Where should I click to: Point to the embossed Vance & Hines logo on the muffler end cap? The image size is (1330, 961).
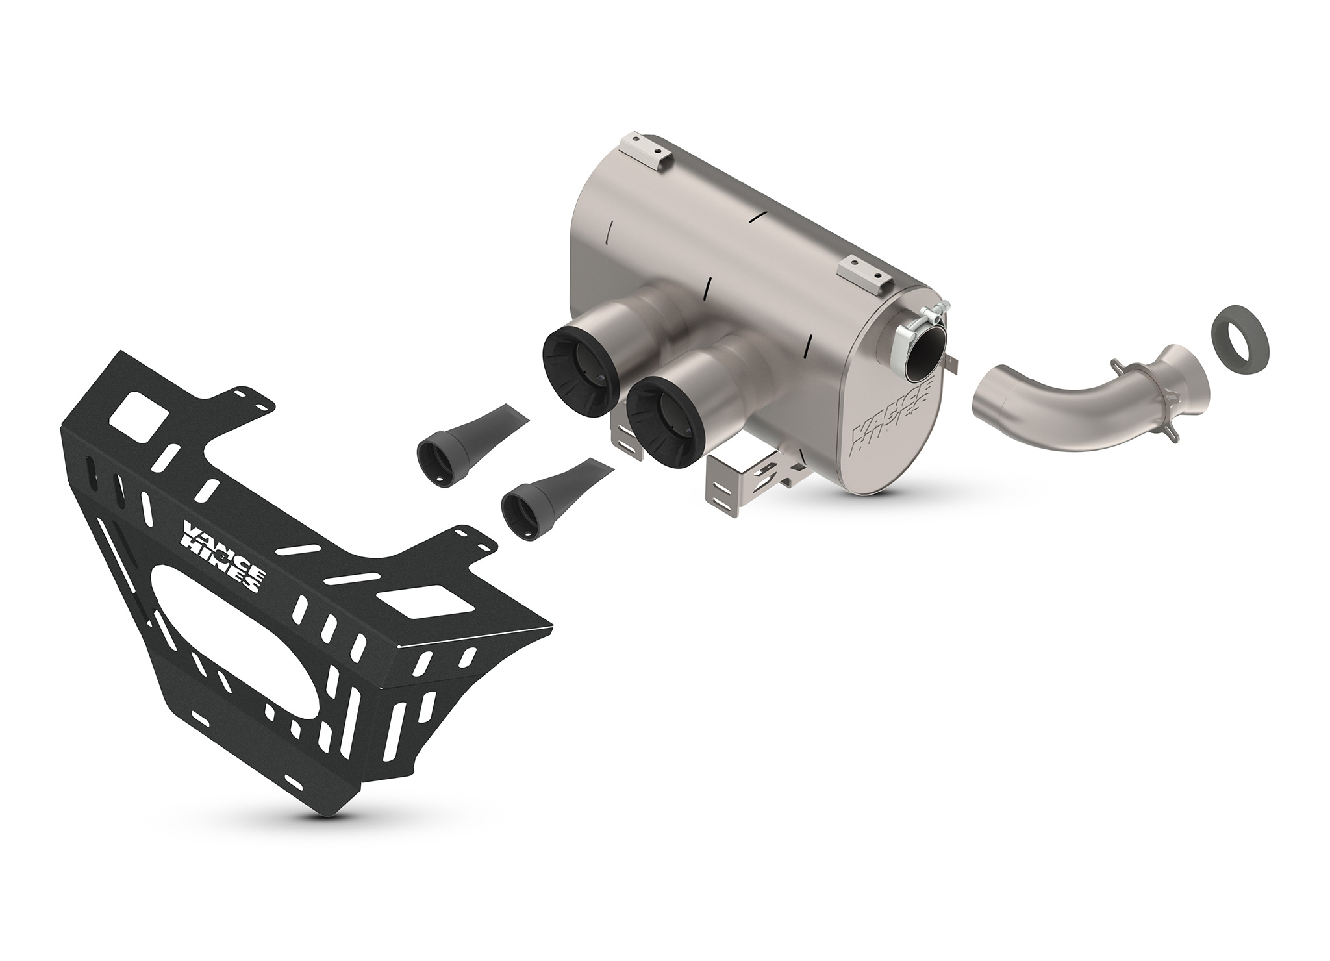[x=892, y=419]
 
